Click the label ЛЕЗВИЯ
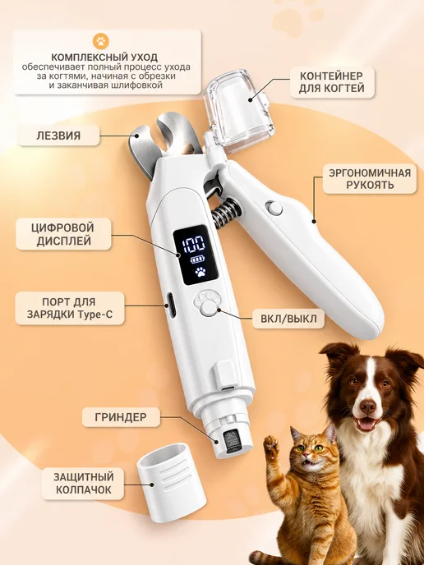(x=58, y=136)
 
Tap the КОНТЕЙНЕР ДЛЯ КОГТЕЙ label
(x=332, y=82)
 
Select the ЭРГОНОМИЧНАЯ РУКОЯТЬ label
(x=370, y=179)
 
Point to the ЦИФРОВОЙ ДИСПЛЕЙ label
(x=63, y=234)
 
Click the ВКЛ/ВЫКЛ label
(x=288, y=319)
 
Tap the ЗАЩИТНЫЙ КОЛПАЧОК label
(x=83, y=483)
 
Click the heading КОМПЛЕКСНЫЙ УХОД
(x=104, y=57)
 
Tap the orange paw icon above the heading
(x=100, y=41)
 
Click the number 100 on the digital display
(x=194, y=245)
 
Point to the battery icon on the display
(x=197, y=260)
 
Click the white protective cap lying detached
(x=171, y=482)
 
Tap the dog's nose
(x=368, y=407)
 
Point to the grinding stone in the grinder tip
(x=231, y=441)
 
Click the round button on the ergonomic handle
(x=274, y=209)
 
